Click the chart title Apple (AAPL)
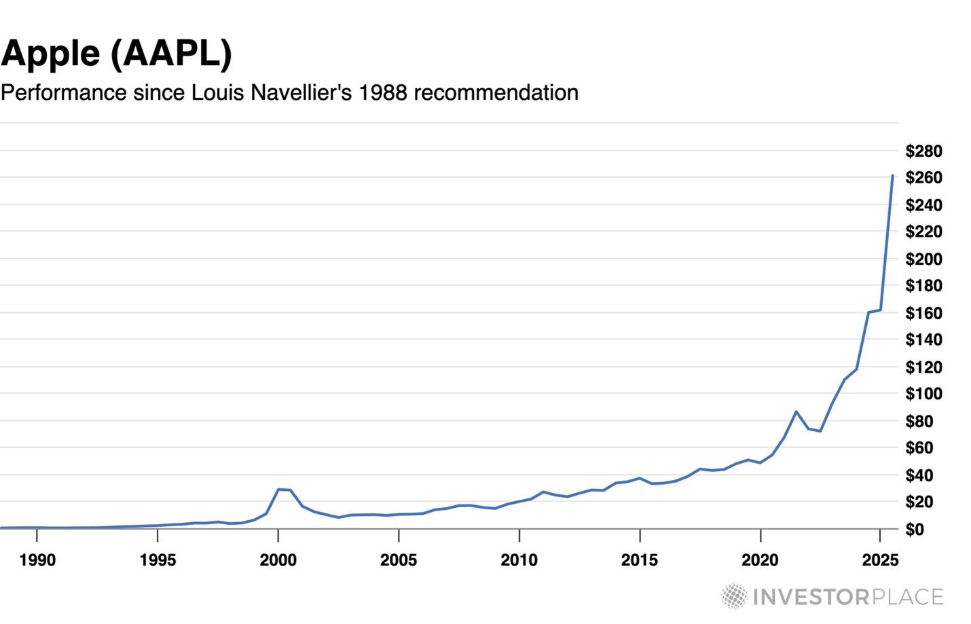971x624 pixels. pos(117,54)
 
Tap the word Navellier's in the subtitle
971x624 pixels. pos(301,92)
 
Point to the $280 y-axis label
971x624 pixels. pos(923,151)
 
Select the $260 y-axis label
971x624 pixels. pos(923,178)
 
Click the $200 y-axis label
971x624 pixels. pos(923,259)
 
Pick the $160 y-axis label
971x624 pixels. pos(923,313)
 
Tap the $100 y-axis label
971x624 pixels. pos(923,394)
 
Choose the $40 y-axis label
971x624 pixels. pos(923,475)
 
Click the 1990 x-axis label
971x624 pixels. pos(37,560)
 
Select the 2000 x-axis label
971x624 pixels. pos(278,560)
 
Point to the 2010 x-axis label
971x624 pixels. pos(519,560)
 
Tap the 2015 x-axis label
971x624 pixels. pos(640,560)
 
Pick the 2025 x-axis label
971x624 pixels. pos(880,560)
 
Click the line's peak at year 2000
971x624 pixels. pos(278,489)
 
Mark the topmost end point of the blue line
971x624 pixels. pos(892,176)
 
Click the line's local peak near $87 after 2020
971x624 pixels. pos(796,411)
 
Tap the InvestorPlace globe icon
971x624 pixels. pos(734,596)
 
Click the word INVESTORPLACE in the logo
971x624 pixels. pos(848,597)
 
